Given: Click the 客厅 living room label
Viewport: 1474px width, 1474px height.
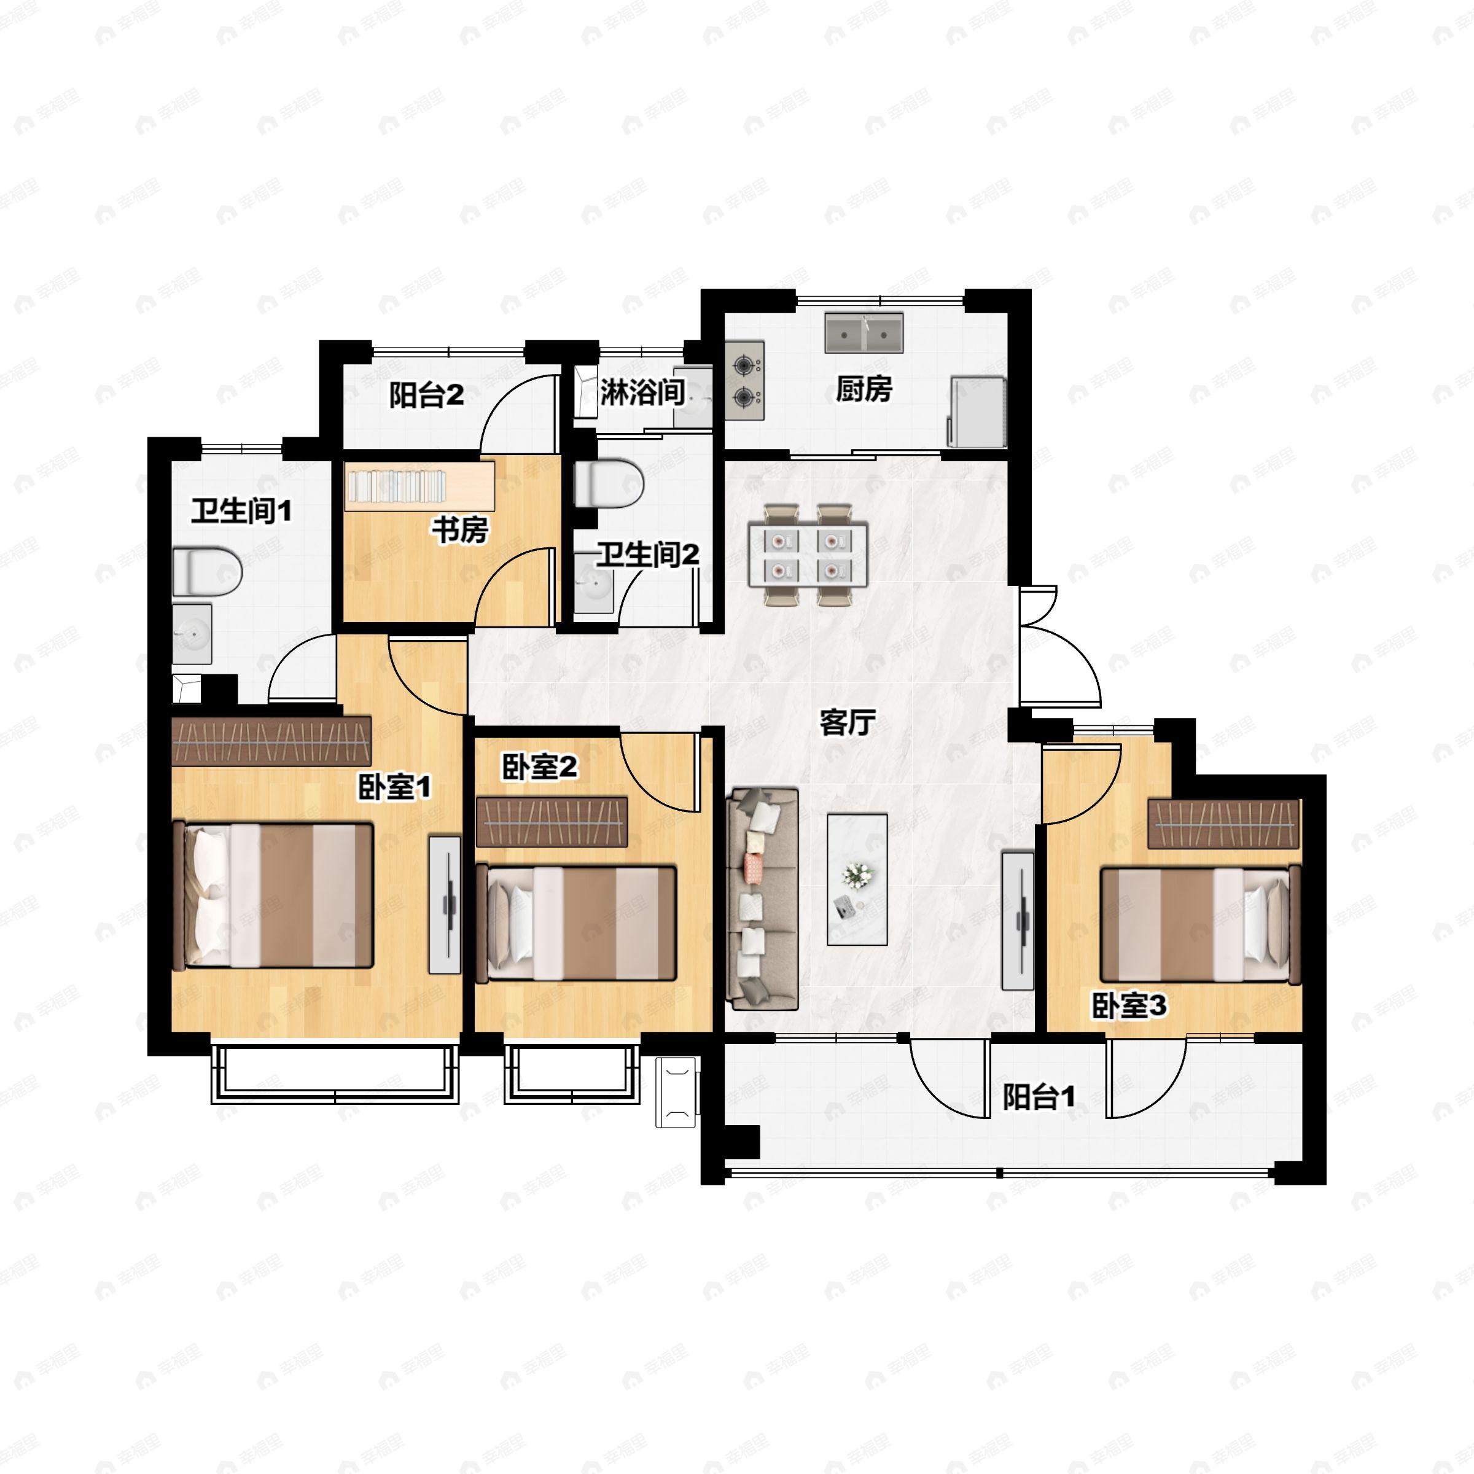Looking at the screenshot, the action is coord(847,722).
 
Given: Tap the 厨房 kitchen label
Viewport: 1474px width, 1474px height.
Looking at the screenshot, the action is coord(864,389).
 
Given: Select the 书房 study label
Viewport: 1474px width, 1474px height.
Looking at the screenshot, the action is coord(460,529).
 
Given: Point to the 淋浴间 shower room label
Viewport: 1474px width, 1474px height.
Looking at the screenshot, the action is coord(642,392).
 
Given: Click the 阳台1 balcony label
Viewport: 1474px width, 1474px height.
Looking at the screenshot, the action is coord(1039,1097).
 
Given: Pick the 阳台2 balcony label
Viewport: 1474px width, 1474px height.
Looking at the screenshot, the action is coord(426,395).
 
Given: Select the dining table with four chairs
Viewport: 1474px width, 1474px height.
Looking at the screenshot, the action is coord(808,554).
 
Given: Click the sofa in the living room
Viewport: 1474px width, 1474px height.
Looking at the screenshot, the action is coord(762,900).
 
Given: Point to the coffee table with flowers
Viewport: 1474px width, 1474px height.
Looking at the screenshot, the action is coord(857,879).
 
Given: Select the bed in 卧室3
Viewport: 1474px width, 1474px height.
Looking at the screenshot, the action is coord(1200,924).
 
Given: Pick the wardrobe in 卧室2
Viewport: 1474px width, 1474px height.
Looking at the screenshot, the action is coord(552,822).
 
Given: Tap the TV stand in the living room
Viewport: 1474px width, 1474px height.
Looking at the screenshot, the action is coord(1018,921).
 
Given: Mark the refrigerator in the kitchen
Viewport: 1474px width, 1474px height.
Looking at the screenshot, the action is coord(977,412).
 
